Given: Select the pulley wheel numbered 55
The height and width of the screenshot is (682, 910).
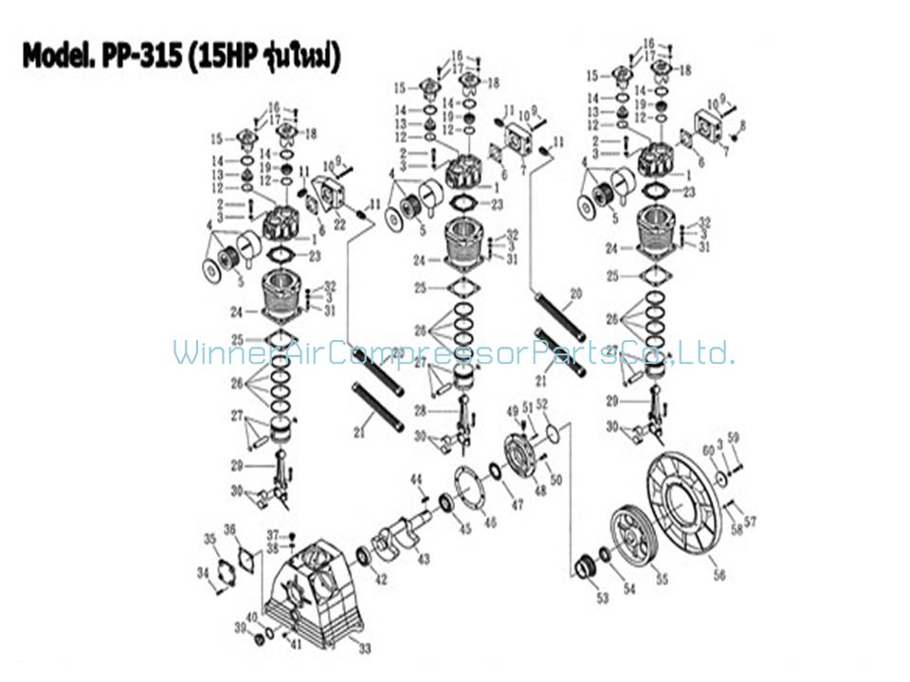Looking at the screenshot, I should (x=634, y=537).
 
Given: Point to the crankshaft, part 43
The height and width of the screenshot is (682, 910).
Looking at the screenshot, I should (x=398, y=530).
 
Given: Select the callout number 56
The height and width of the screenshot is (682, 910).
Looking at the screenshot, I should (x=719, y=575).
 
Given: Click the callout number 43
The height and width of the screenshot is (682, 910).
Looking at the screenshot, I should (x=424, y=559).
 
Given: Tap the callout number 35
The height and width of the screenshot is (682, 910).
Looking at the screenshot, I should (x=209, y=540).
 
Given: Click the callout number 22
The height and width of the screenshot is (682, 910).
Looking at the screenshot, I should (x=340, y=224).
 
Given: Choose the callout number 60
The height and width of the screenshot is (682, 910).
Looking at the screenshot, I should (x=707, y=451).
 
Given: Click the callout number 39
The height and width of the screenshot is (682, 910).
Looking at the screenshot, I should (x=241, y=628).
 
